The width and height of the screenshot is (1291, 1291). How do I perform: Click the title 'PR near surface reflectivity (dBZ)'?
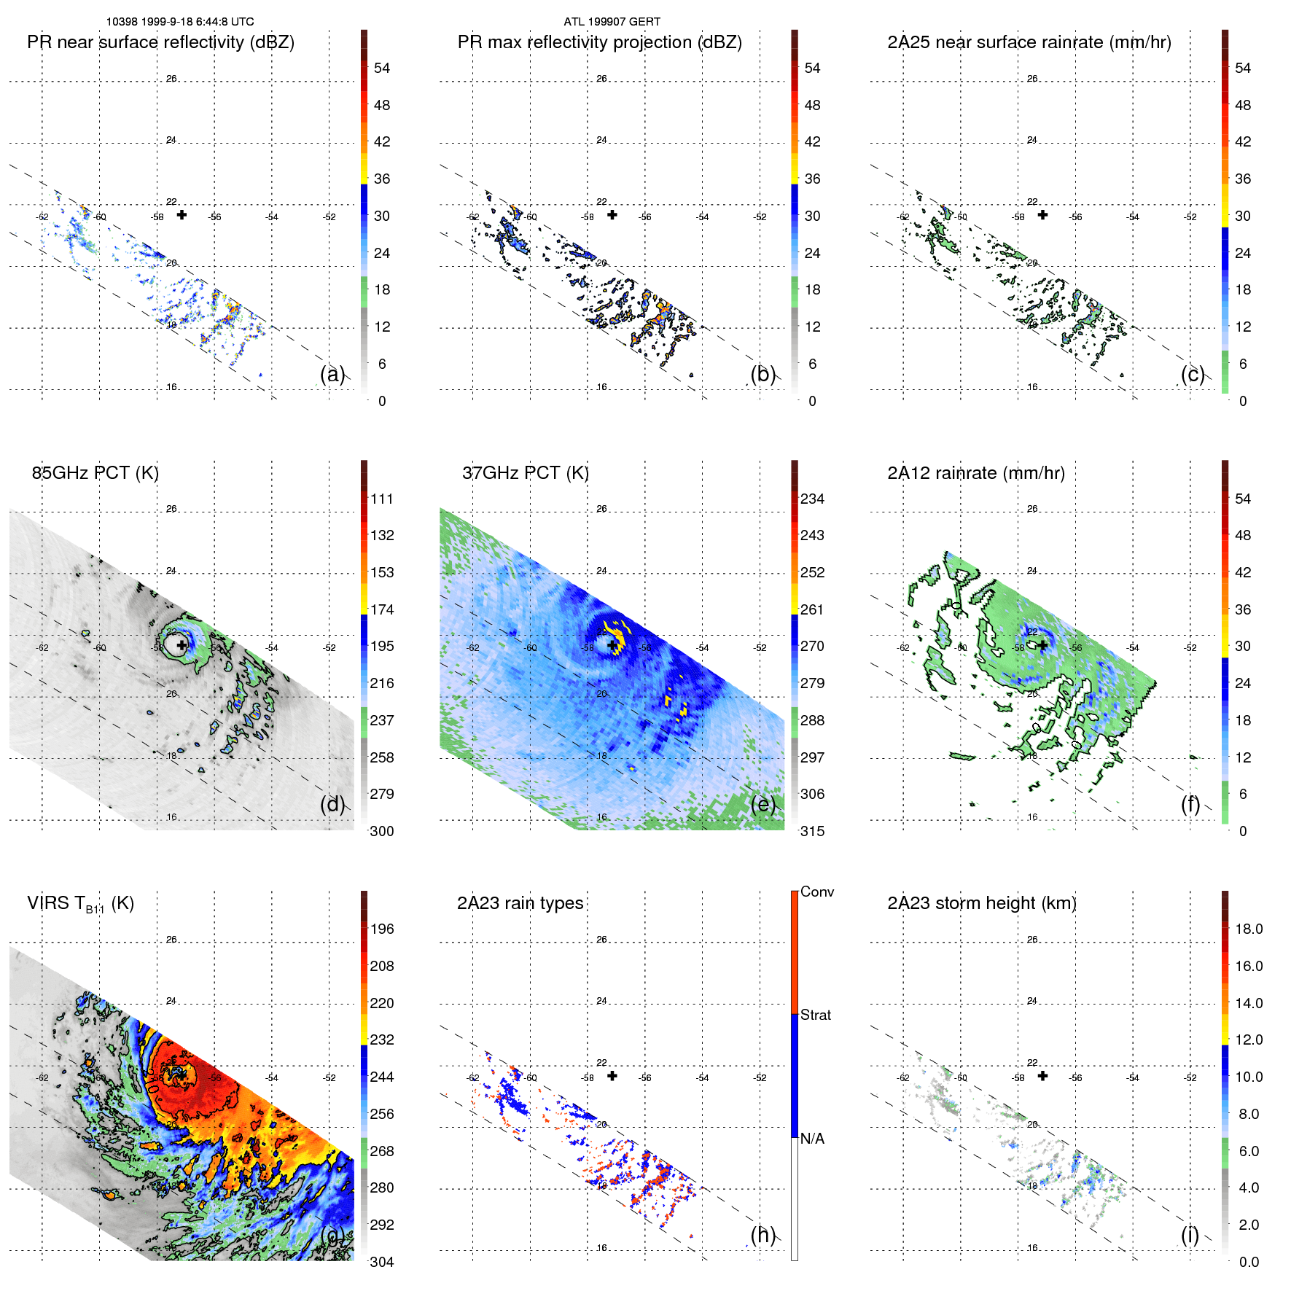tap(160, 42)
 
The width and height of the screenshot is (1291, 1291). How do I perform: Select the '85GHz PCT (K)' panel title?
tap(95, 473)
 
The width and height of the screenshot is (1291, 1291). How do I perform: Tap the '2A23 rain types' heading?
tap(520, 903)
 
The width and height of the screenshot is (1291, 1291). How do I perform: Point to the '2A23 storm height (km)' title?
tap(981, 903)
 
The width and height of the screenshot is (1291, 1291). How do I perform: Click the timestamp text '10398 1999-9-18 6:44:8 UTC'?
tap(180, 22)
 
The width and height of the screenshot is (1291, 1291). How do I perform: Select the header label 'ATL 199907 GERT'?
tap(612, 22)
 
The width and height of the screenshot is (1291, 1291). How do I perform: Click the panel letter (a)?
tap(332, 374)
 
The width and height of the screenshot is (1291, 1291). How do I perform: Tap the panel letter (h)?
tap(762, 1234)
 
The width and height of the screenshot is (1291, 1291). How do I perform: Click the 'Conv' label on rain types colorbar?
tap(816, 892)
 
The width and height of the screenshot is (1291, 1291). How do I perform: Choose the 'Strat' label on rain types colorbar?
tap(815, 1015)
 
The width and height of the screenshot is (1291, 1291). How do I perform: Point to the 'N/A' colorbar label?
tap(812, 1139)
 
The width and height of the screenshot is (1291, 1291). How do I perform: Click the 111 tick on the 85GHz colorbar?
tap(381, 499)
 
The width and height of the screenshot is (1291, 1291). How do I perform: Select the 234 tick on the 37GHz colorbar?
tap(812, 499)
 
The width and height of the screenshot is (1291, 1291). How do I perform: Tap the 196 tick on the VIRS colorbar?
tap(381, 929)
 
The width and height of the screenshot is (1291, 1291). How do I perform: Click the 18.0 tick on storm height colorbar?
tap(1248, 929)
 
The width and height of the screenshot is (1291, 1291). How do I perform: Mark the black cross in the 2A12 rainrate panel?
tap(1042, 645)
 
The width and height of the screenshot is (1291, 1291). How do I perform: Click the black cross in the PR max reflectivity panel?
tap(612, 215)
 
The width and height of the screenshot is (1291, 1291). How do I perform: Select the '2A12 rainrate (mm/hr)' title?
tap(975, 473)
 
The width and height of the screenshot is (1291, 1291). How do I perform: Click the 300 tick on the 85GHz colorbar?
tap(381, 831)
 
